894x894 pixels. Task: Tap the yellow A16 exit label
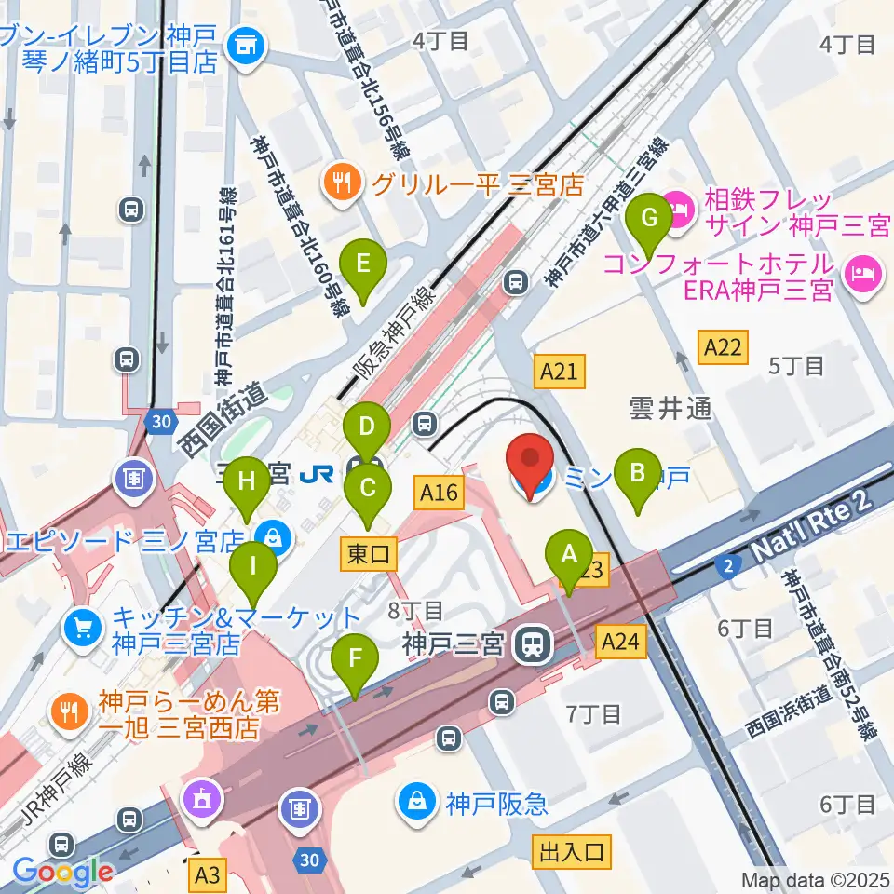pyautogui.click(x=439, y=492)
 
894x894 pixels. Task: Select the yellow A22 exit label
pyautogui.click(x=724, y=347)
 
